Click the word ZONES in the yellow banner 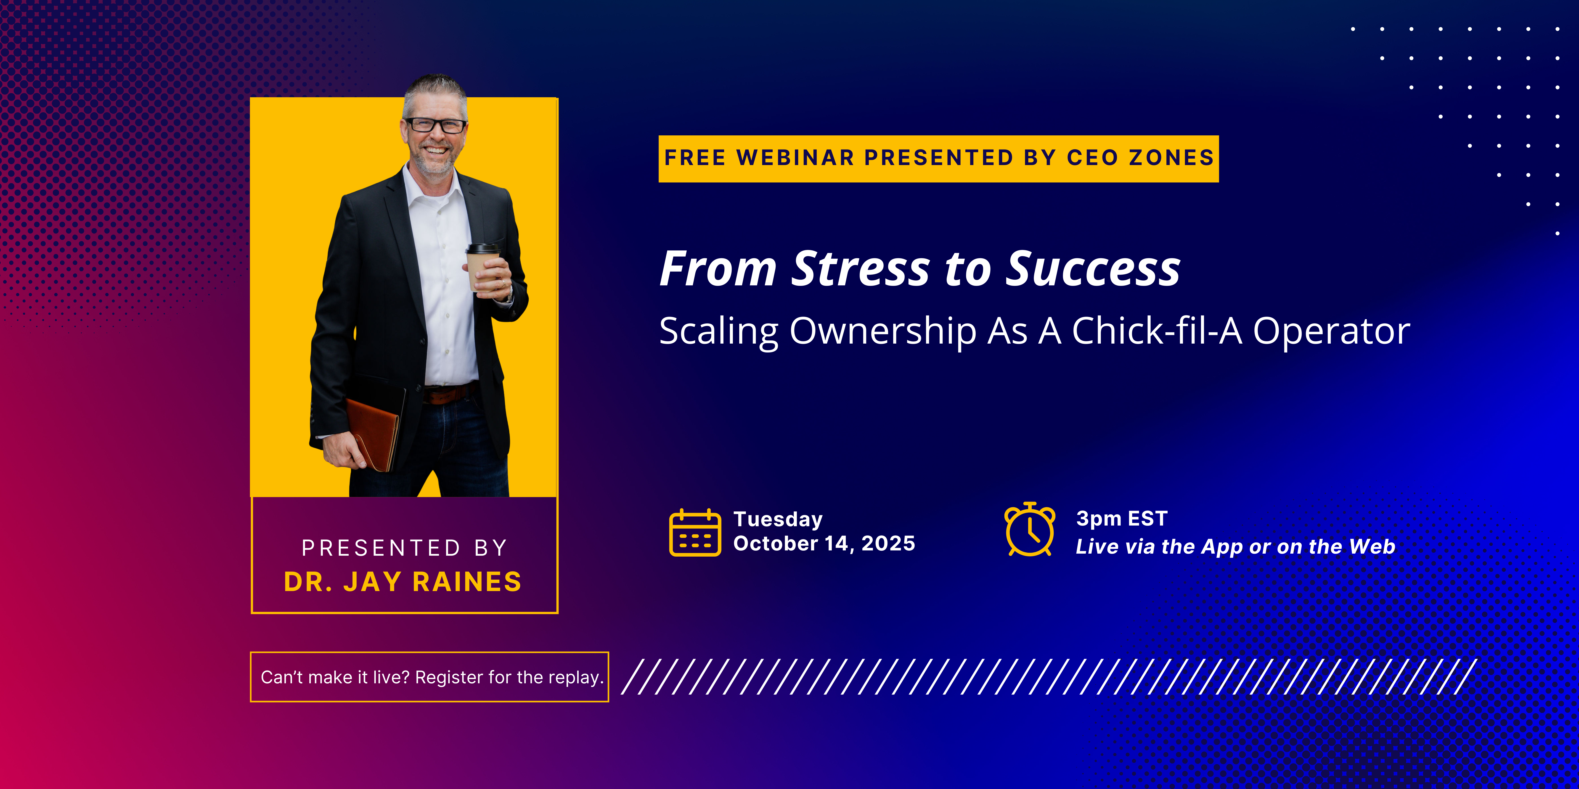pyautogui.click(x=1171, y=158)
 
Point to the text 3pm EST pyautogui.click(x=1122, y=518)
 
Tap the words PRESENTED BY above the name pyautogui.click(x=405, y=548)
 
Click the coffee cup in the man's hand pyautogui.click(x=483, y=266)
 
